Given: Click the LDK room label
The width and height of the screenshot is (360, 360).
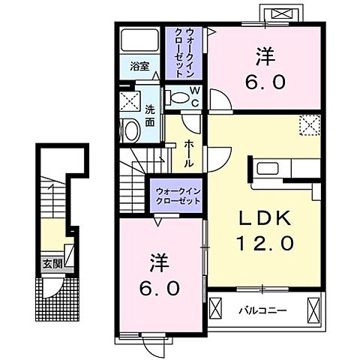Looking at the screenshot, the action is (x=265, y=218).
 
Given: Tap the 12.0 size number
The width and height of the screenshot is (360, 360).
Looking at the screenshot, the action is (x=265, y=244).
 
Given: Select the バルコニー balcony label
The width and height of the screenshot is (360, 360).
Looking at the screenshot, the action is (x=263, y=310).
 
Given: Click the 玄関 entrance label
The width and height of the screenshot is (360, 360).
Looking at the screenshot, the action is (x=52, y=263).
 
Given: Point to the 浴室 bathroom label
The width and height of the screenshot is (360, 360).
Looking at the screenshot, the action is (x=139, y=66).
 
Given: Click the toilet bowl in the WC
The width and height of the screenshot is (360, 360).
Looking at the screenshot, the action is (x=178, y=97).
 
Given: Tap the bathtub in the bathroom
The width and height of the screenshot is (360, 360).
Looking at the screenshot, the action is (x=139, y=40).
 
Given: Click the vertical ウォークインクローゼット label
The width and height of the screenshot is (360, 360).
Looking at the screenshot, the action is (x=184, y=53).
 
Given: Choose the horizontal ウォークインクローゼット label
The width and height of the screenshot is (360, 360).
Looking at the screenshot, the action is (x=178, y=196).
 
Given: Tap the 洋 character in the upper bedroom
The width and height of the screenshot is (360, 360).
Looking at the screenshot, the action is (x=265, y=56).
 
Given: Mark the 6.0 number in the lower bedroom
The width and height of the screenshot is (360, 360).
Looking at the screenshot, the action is (x=160, y=288).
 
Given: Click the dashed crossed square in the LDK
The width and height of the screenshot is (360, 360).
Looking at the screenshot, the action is (x=310, y=125).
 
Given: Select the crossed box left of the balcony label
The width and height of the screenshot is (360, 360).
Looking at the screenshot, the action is (x=215, y=308).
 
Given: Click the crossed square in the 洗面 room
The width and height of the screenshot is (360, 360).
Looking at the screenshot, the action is (x=130, y=100).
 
